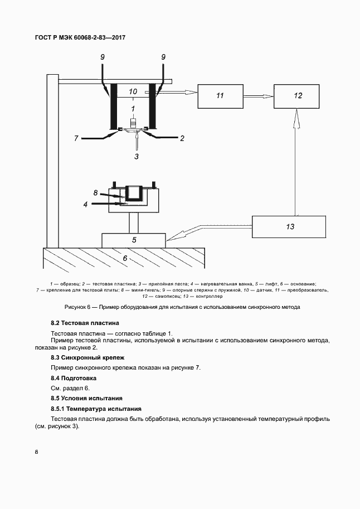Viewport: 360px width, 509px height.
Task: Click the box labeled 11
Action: pyautogui.click(x=221, y=96)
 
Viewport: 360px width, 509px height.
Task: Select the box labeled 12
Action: pyautogui.click(x=296, y=96)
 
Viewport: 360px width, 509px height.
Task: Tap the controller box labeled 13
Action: pyautogui.click(x=289, y=227)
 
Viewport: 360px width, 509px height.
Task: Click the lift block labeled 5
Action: pyautogui.click(x=133, y=240)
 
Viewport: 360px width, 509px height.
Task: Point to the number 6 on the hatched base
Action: pyautogui.click(x=125, y=259)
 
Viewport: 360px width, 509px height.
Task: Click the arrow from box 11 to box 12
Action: pyautogui.click(x=259, y=96)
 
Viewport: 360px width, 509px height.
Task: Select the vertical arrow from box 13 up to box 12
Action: pyautogui.click(x=296, y=162)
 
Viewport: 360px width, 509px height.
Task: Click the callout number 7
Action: pyautogui.click(x=76, y=139)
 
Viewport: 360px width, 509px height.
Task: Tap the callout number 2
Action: pyautogui.click(x=182, y=139)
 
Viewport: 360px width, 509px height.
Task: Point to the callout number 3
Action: pyautogui.click(x=137, y=157)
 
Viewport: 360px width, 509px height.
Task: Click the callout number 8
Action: pyautogui.click(x=95, y=193)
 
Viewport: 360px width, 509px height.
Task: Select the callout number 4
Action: pyautogui.click(x=85, y=205)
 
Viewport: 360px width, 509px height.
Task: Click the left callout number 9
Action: pyautogui.click(x=103, y=57)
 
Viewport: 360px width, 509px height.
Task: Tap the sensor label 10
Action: pyautogui.click(x=133, y=91)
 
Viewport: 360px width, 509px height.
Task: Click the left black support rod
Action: pyautogui.click(x=114, y=106)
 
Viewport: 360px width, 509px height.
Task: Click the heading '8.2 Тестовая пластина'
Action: pyautogui.click(x=85, y=323)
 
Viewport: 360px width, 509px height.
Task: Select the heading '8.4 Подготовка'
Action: pyautogui.click(x=74, y=378)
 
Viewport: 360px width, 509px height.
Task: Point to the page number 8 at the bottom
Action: pyautogui.click(x=36, y=452)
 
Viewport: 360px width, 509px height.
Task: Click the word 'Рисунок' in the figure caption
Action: pyautogui.click(x=76, y=307)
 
